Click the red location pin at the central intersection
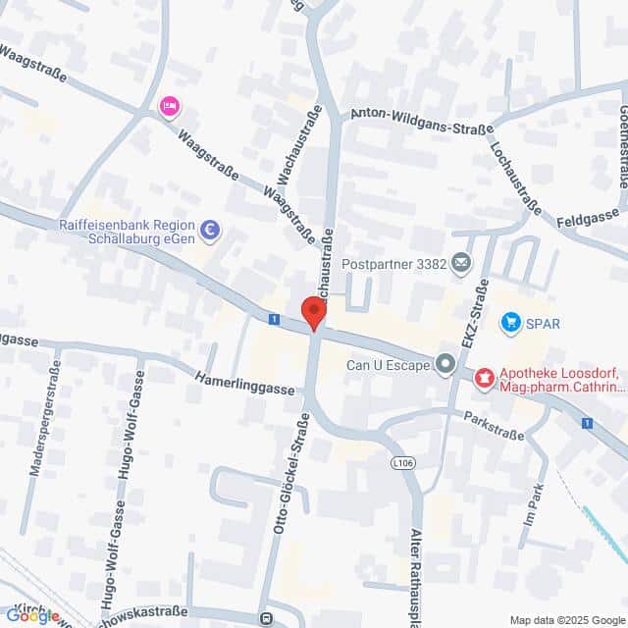tap(313, 313)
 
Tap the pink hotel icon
tap(170, 106)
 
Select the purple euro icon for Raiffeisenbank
tap(209, 231)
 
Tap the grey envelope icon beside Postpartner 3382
tap(461, 263)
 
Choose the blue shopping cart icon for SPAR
tap(510, 322)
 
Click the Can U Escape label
tap(388, 366)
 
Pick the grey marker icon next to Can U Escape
tap(445, 365)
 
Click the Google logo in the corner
tap(31, 616)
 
